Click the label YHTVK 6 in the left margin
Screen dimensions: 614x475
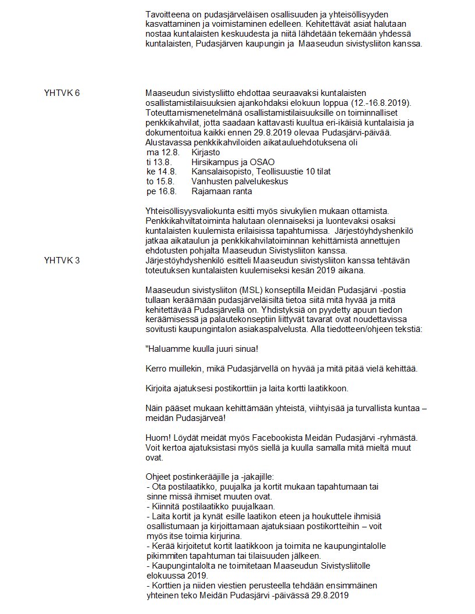click(x=62, y=94)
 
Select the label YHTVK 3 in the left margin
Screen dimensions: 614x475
click(x=62, y=260)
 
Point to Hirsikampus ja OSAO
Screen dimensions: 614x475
click(x=233, y=162)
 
